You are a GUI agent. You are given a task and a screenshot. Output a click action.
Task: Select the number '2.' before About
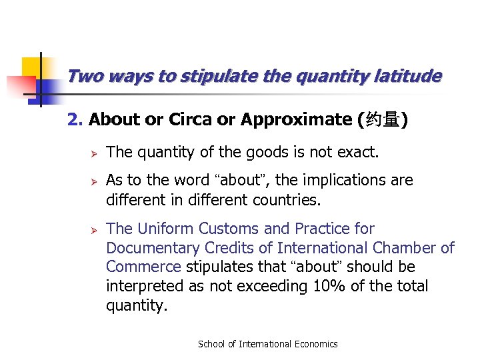[x=75, y=120]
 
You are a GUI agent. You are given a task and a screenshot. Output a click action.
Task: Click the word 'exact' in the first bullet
[x=357, y=153]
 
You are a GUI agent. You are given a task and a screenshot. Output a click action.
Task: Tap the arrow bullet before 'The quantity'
[x=94, y=153]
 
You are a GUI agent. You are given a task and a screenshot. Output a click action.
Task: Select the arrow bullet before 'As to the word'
[x=94, y=181]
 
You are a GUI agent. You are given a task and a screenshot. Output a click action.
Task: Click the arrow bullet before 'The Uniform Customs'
[x=94, y=229]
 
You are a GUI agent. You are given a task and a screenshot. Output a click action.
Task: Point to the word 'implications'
[x=298, y=181]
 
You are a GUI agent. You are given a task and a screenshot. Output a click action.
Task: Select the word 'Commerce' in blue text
[x=143, y=267]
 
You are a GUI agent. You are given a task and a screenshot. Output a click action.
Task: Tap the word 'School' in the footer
[x=211, y=344]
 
